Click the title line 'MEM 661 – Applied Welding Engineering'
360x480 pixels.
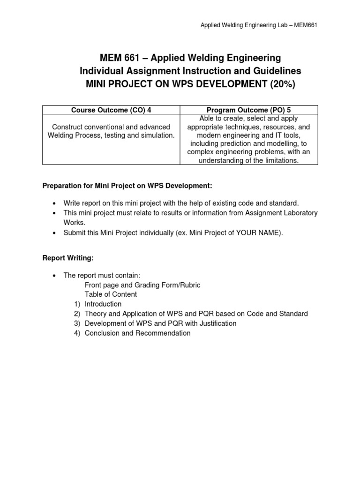click(x=190, y=58)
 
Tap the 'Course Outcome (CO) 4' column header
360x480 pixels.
click(x=111, y=110)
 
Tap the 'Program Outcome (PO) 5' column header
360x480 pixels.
click(x=249, y=110)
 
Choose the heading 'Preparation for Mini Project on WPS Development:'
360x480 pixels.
click(x=127, y=186)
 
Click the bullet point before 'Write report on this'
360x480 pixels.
click(x=54, y=203)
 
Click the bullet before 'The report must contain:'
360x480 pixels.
click(x=54, y=275)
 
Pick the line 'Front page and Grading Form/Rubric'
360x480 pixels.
click(x=142, y=285)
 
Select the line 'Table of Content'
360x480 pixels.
click(x=111, y=294)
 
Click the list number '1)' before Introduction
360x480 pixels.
click(x=77, y=304)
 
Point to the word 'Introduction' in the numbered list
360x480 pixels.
click(x=103, y=304)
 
